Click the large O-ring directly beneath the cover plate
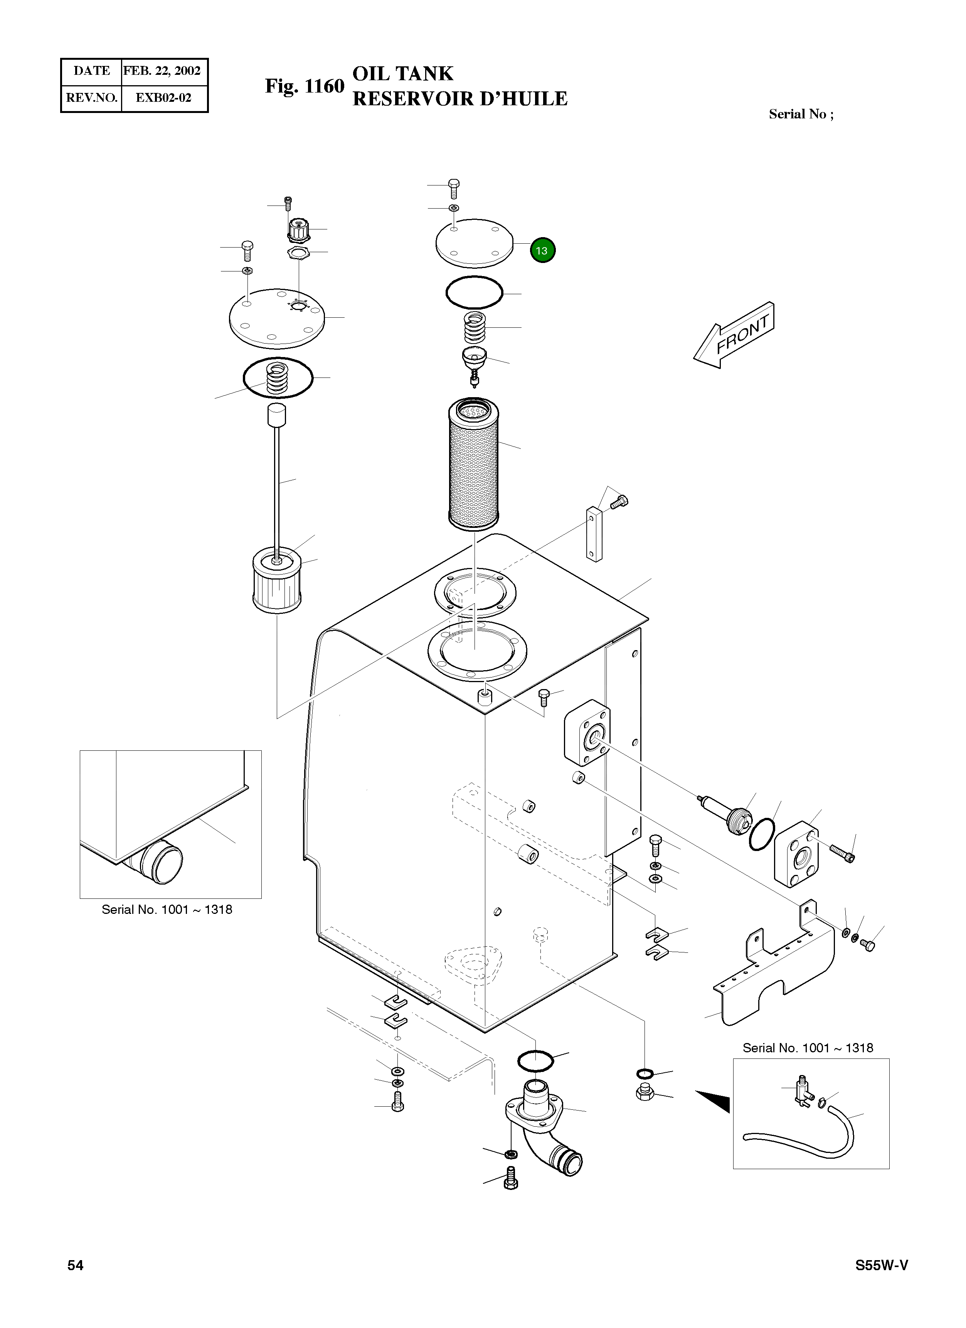tap(474, 292)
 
